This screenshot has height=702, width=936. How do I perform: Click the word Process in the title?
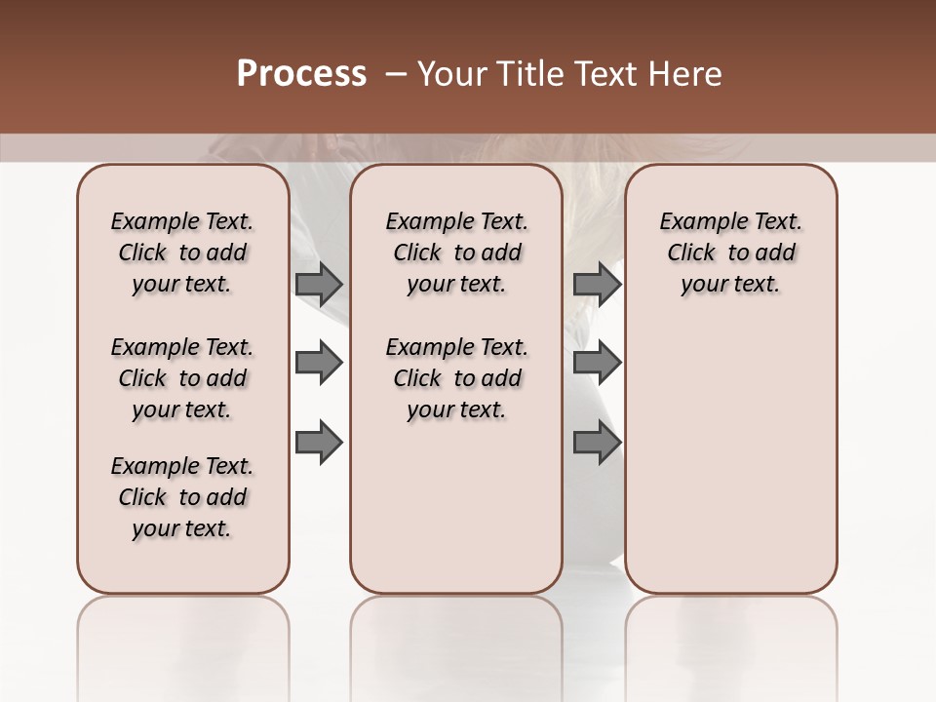[x=301, y=74]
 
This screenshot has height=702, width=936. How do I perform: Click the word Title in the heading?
[x=525, y=74]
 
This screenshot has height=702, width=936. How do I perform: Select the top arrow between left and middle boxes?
[x=319, y=284]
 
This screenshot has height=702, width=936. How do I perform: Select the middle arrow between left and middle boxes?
[x=319, y=364]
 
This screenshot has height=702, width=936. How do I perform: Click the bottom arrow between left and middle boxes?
[x=319, y=444]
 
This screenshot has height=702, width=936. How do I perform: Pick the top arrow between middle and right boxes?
[x=597, y=284]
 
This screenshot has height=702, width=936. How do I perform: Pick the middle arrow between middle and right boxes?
[x=597, y=364]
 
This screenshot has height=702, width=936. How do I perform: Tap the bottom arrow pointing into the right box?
[x=597, y=444]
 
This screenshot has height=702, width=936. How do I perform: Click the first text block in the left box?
[x=182, y=253]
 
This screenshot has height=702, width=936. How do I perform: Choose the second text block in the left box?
[x=182, y=378]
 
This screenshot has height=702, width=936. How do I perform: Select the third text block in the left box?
[x=182, y=497]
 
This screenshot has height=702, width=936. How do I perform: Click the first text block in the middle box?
[x=456, y=253]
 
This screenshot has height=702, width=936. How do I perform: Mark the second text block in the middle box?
[x=456, y=378]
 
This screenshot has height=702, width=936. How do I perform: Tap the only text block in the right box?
[x=731, y=253]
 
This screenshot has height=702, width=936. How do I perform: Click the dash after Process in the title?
[x=394, y=74]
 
